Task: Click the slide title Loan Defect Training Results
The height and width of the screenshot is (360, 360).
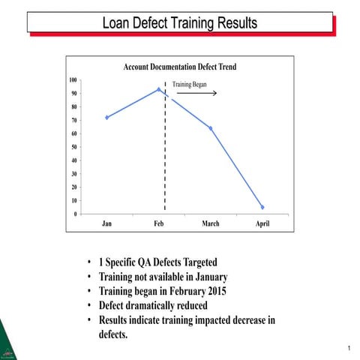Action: coord(180,23)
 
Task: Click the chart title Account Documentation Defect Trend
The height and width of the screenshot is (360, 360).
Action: coord(179,67)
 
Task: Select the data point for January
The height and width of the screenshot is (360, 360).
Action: coord(107,117)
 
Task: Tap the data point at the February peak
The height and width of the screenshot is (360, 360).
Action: coord(159,89)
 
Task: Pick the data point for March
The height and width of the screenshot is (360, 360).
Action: coord(211,128)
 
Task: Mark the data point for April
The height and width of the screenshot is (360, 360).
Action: coord(262,207)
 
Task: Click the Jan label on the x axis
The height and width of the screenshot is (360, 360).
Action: coord(107,223)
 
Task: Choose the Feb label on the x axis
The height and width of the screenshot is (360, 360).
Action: coord(159,223)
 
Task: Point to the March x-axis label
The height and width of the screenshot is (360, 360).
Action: coord(211,223)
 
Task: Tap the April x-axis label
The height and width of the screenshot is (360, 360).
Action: coord(262,223)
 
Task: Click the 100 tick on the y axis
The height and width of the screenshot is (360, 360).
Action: coord(73,79)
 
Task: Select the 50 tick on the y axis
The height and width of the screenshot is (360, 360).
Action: coord(74,147)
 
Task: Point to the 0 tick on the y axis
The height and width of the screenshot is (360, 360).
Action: coord(76,214)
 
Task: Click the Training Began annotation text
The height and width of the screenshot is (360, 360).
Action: coord(190,84)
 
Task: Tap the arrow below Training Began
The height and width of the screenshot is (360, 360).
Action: coord(196,94)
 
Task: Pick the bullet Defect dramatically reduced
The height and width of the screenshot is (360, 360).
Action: coord(153,305)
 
